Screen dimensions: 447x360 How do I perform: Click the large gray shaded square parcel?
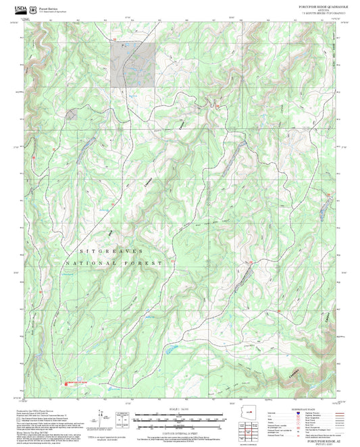click(x=134, y=63)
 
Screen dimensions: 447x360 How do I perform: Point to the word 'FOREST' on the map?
click(x=145, y=262)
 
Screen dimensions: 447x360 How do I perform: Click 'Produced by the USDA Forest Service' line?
click(x=47, y=411)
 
